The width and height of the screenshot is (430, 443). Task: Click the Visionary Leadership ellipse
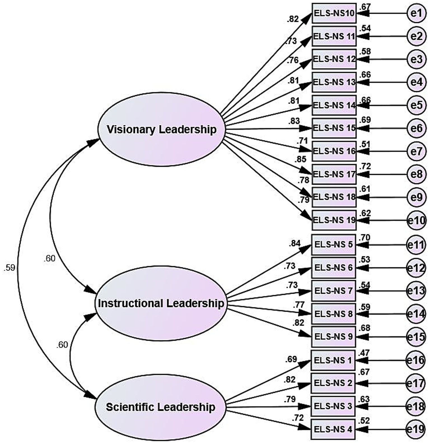[x=162, y=130]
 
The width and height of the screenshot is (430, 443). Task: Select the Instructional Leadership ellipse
[x=161, y=303]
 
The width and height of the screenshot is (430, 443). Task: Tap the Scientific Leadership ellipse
[x=161, y=407]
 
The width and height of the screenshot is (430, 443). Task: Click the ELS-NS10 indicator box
[x=334, y=13]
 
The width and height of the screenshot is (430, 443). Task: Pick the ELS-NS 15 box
[x=334, y=128]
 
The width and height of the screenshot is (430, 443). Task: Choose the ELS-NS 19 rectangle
[x=334, y=220]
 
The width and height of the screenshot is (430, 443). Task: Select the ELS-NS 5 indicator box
[x=333, y=245]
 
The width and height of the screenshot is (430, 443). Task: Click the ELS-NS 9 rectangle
[x=333, y=336]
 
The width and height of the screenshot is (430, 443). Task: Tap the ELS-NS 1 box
[x=333, y=360]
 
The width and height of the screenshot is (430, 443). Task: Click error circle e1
[x=416, y=13]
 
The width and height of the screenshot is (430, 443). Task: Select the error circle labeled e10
[x=417, y=220]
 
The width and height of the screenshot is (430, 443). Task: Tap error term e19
[x=416, y=429]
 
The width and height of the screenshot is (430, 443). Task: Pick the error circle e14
[x=416, y=314]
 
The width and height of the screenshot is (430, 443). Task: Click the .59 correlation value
[x=9, y=268]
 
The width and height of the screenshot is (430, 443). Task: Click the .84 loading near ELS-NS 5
[x=295, y=243]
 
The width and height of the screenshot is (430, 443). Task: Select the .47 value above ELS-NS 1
[x=364, y=353]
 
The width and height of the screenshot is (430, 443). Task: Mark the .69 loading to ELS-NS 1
[x=291, y=359]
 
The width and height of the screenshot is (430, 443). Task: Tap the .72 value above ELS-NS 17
[x=365, y=167]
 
